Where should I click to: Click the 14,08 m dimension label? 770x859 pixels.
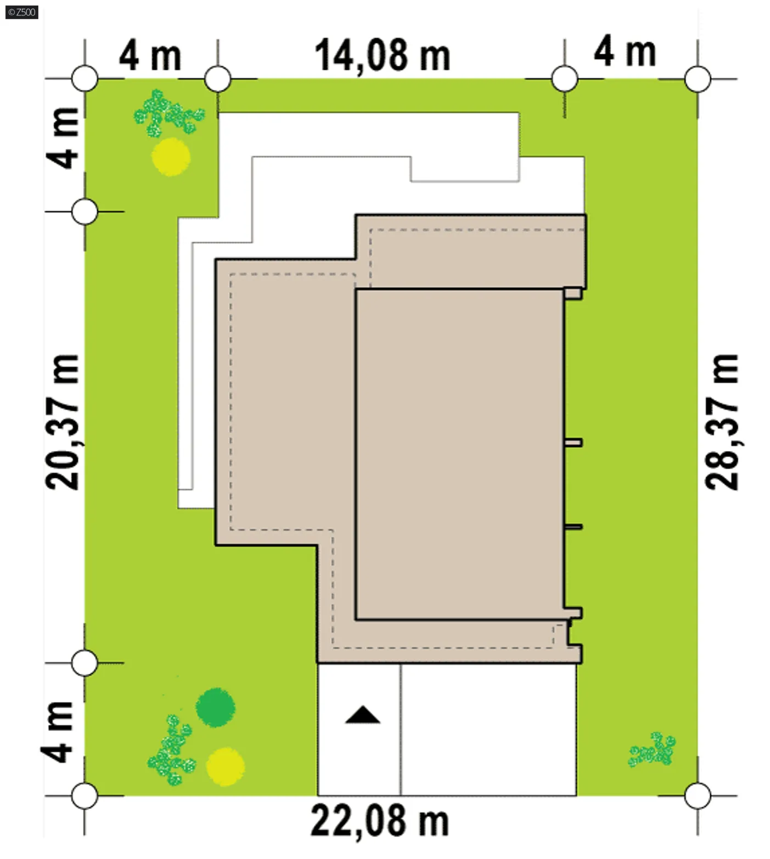pyautogui.click(x=382, y=56)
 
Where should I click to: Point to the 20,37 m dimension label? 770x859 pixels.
pyautogui.click(x=61, y=421)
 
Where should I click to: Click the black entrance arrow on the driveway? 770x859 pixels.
pyautogui.click(x=362, y=715)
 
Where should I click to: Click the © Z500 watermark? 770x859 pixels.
pyautogui.click(x=22, y=12)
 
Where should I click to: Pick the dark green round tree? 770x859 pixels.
pyautogui.click(x=216, y=707)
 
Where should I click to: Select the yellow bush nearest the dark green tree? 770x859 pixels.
pyautogui.click(x=225, y=766)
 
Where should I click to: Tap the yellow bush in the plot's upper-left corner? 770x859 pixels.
pyautogui.click(x=171, y=157)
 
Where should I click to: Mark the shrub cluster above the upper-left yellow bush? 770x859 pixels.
pyautogui.click(x=168, y=113)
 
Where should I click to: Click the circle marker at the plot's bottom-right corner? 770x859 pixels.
pyautogui.click(x=698, y=795)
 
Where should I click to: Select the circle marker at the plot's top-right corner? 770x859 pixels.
pyautogui.click(x=698, y=79)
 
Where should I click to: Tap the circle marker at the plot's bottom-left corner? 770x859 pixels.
pyautogui.click(x=85, y=795)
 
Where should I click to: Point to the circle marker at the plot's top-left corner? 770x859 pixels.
pyautogui.click(x=85, y=79)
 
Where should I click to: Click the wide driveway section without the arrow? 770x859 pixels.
pyautogui.click(x=488, y=729)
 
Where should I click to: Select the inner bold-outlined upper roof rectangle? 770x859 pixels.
pyautogui.click(x=460, y=454)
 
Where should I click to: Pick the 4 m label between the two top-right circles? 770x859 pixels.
pyautogui.click(x=625, y=52)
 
